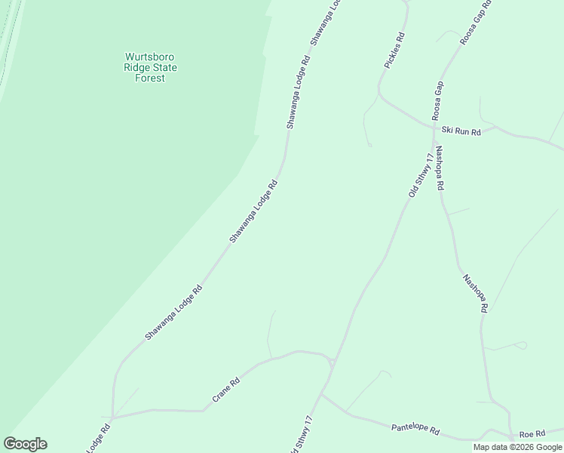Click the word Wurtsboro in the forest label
click(151, 57)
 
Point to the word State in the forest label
click(164, 68)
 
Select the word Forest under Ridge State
click(150, 79)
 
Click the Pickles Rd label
click(395, 51)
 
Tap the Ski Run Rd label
click(461, 131)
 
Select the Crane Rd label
click(225, 389)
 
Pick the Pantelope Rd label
click(415, 428)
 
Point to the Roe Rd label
click(532, 434)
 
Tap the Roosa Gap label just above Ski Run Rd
click(438, 100)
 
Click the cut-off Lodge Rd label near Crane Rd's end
click(98, 438)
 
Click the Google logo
click(25, 444)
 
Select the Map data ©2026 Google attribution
click(517, 447)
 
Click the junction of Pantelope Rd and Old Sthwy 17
click(321, 393)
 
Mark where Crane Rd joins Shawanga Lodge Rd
click(112, 417)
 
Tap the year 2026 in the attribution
click(523, 447)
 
